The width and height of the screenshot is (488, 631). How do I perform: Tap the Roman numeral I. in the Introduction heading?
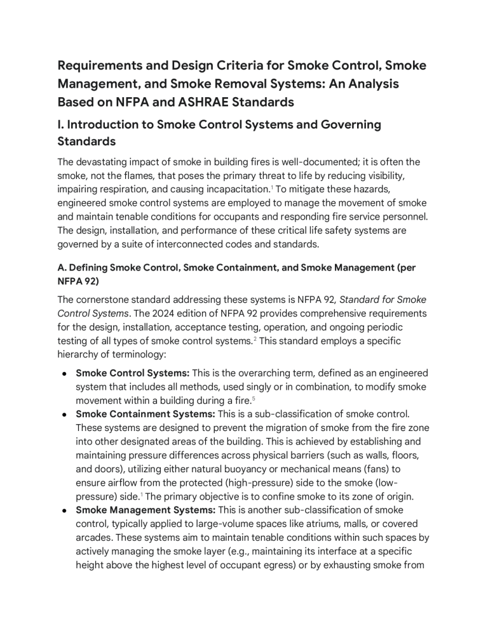point(62,125)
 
